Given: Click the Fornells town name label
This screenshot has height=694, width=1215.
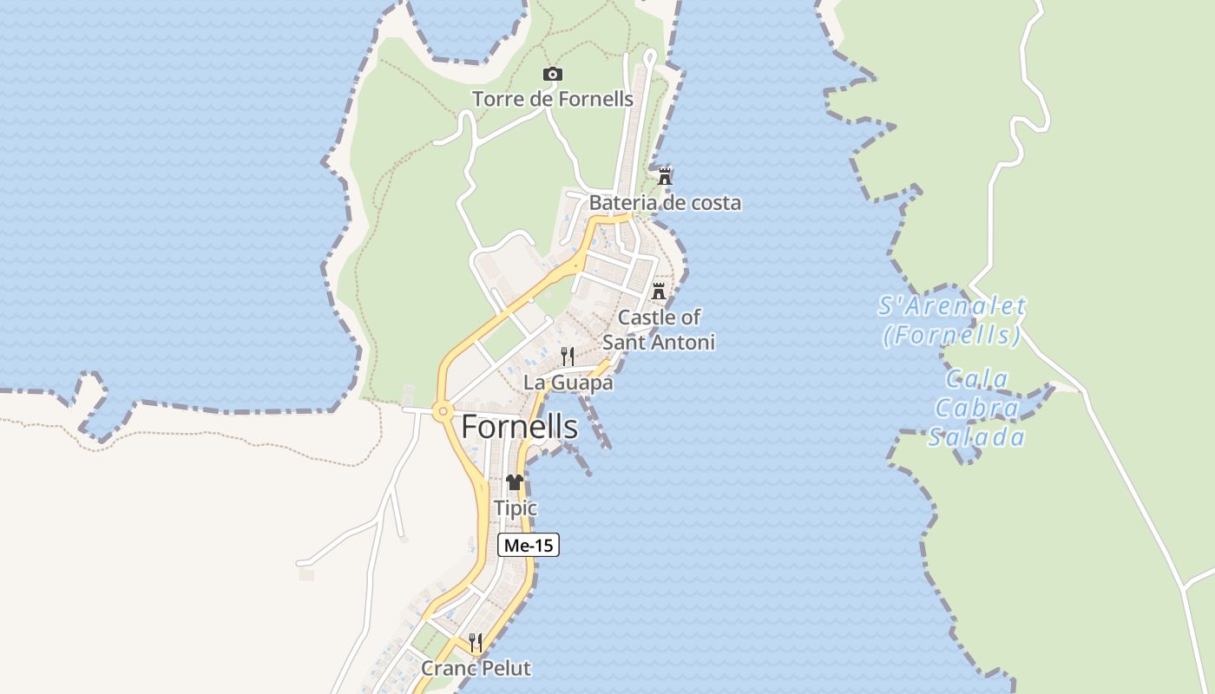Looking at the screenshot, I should point(519,427).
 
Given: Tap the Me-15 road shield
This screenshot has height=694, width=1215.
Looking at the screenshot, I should point(528,545).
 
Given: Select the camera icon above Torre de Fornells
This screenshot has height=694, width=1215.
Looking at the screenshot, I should point(552,75).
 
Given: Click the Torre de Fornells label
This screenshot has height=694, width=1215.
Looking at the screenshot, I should point(553,99).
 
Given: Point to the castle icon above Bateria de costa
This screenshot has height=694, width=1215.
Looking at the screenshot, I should point(665,176).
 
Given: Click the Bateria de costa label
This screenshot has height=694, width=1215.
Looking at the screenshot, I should point(665,203).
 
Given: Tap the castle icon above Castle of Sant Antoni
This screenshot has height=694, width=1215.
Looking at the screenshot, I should point(659,291).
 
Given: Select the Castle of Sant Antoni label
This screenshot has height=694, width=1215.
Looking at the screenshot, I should point(659,330).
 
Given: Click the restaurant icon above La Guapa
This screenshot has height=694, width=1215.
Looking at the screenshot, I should point(568,356).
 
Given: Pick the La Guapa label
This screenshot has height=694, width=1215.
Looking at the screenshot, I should point(568,383).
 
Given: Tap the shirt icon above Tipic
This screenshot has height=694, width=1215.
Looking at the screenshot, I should point(515,482).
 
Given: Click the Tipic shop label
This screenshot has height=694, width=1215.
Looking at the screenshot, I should point(515,508).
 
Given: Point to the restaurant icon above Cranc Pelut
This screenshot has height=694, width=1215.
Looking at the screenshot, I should point(476,642).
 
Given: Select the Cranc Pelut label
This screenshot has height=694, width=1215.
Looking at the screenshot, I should point(476,669).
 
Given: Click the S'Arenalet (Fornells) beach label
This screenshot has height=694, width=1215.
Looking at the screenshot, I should point(951,320).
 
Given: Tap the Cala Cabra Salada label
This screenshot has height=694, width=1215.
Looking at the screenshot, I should point(976,408).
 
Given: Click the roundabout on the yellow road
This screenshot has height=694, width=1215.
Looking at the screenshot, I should point(443,411).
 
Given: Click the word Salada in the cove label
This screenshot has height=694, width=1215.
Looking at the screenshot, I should point(976,437).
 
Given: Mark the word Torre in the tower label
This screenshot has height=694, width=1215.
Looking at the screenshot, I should point(498,99).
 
